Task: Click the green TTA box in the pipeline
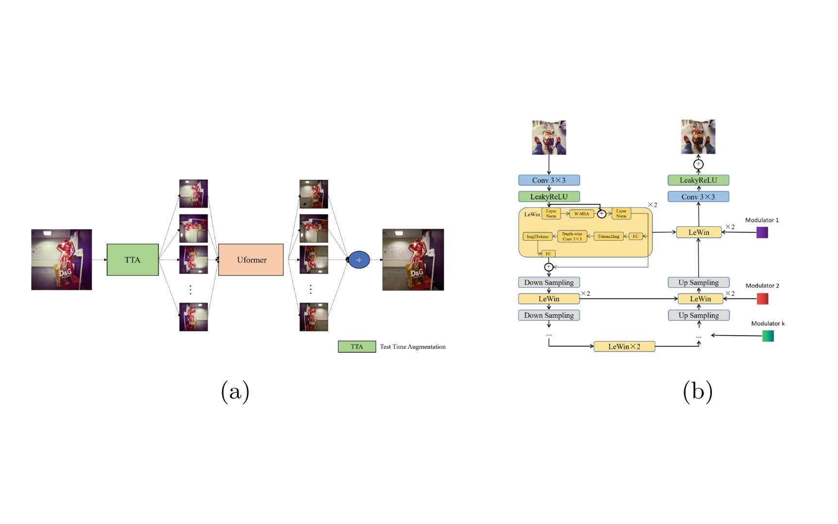132,260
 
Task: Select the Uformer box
251,260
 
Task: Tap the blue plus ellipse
359,260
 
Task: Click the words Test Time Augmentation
412,346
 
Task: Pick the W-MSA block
581,213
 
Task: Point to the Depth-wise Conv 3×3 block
572,236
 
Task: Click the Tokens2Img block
608,236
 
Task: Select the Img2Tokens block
537,236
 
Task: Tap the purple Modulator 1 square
762,232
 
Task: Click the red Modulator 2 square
762,298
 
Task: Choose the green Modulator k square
768,336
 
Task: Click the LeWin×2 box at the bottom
624,346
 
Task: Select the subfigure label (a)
235,391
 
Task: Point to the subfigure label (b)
697,391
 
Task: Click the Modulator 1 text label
762,220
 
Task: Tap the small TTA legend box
357,346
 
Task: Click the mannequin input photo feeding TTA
62,260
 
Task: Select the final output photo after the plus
413,260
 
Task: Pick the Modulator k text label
768,323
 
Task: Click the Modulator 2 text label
762,285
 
